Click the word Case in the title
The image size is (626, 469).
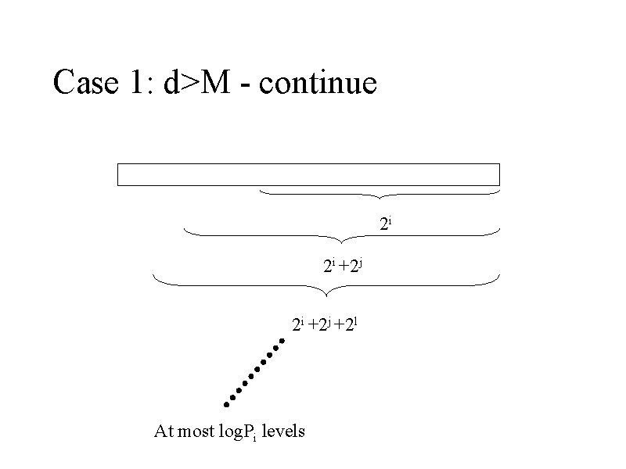pyautogui.click(x=84, y=82)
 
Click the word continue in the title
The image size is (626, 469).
pyautogui.click(x=318, y=82)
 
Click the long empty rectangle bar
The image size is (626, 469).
pyautogui.click(x=308, y=174)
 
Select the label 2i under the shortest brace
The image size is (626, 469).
pyautogui.click(x=385, y=225)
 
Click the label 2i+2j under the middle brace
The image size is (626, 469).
pyautogui.click(x=343, y=267)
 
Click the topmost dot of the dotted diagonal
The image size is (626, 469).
pyautogui.click(x=280, y=341)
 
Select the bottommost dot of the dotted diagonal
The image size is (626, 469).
pyautogui.click(x=225, y=404)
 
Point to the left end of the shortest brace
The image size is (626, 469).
pyautogui.click(x=260, y=188)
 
